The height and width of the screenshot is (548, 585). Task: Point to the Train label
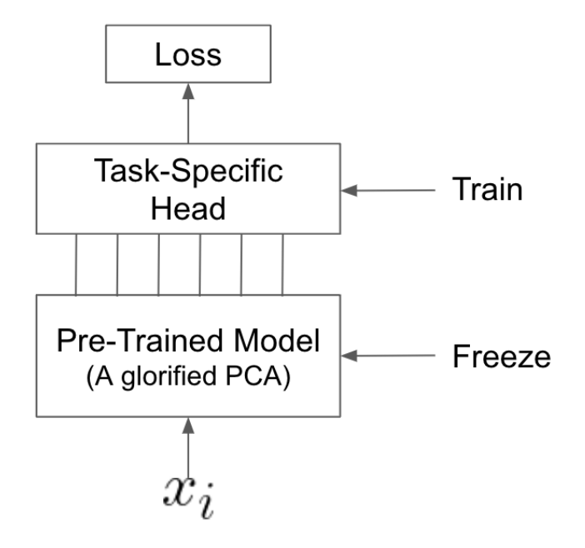(x=487, y=190)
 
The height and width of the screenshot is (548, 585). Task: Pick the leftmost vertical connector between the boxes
(x=77, y=263)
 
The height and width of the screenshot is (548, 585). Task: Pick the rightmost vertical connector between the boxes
(x=283, y=263)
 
